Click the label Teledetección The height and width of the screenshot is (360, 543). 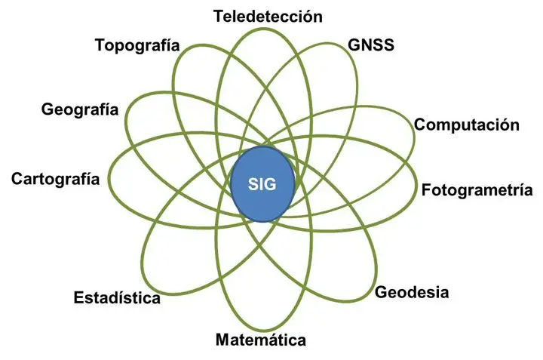pos(268,17)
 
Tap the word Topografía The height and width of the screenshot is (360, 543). pos(137,45)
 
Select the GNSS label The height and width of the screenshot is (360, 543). pos(371,45)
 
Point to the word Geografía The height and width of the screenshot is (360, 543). pos(80,109)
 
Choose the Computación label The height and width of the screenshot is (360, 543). pos(467,125)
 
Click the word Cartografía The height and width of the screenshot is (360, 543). pos(55,179)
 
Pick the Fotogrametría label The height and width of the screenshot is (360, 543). pos(477,190)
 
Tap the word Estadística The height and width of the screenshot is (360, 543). pos(117,298)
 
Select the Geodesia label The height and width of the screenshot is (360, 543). pos(412,292)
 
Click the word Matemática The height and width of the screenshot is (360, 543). pos(261,340)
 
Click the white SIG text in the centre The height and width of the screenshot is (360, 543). pos(262,184)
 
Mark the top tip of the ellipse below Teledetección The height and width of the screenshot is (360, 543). pos(262,29)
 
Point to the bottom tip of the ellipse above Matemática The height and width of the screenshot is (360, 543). pos(262,330)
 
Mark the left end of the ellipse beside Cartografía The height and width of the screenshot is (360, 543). pos(109,176)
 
